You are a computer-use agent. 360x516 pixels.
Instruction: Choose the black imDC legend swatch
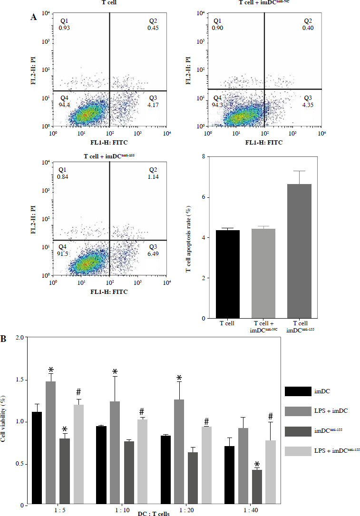298,391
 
